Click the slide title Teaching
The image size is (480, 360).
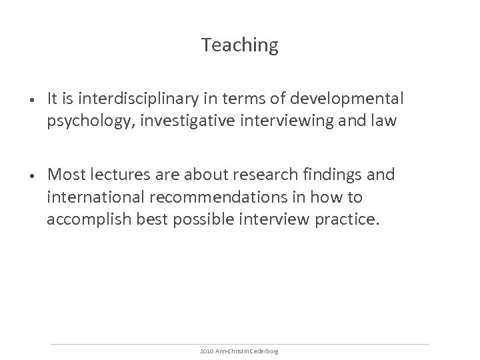[x=239, y=45]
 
